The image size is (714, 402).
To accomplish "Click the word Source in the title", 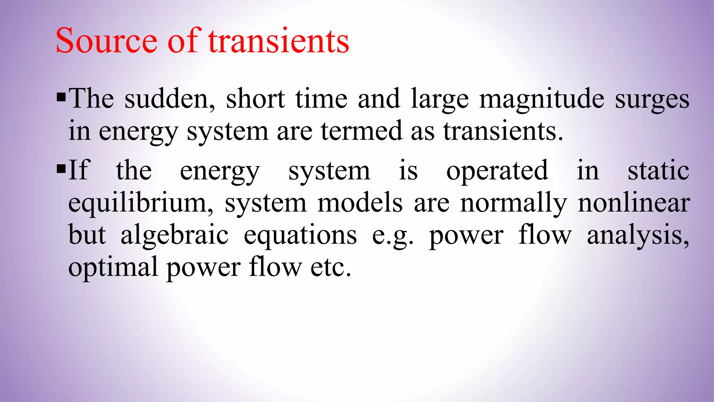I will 107,41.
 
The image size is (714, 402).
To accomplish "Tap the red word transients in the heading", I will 279,41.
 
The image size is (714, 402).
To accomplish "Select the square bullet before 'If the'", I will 61,169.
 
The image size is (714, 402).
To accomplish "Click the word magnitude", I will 541,99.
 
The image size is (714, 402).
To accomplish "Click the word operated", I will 497,171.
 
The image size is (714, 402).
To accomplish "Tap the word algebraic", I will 174,235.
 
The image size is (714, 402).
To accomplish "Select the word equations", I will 300,235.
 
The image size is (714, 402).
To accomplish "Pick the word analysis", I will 638,236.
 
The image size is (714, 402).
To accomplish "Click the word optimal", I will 113,267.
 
